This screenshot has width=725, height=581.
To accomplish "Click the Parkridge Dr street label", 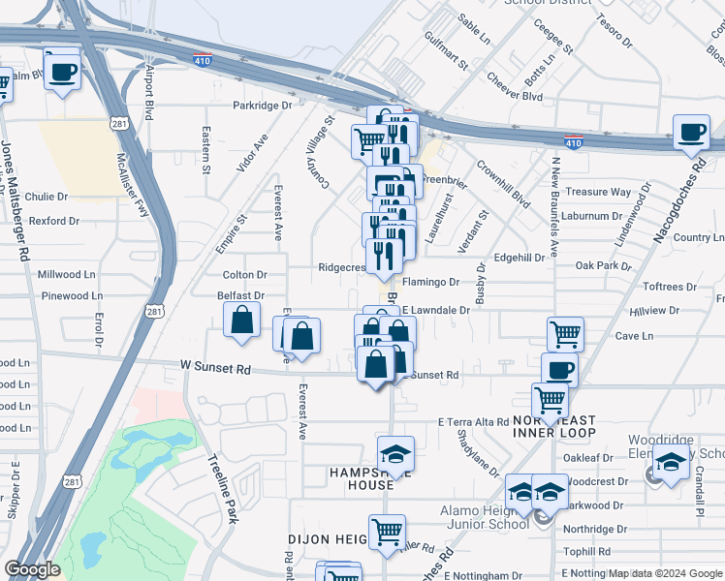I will [262, 106].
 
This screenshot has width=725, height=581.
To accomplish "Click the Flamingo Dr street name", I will [430, 283].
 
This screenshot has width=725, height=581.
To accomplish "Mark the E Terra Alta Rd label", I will [473, 422].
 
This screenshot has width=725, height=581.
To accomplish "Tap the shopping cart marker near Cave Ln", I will [565, 335].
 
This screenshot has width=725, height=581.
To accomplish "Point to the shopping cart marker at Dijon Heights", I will [387, 532].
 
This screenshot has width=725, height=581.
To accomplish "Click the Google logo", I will [32, 569].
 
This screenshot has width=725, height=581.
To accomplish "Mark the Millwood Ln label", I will [66, 275].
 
